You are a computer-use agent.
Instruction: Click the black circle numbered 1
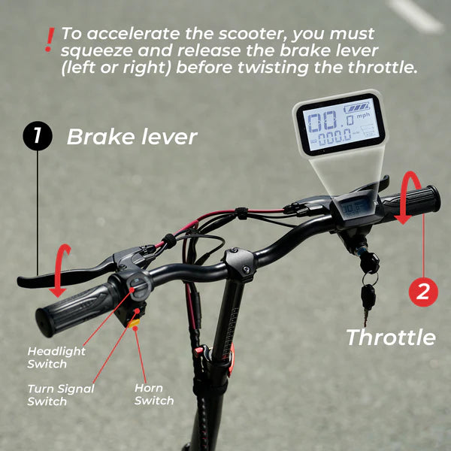38,135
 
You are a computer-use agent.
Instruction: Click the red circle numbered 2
423,292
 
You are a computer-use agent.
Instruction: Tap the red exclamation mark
50,40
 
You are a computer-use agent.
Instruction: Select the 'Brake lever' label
132,137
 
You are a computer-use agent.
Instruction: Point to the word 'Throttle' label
391,337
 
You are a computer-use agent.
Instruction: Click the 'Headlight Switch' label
56,358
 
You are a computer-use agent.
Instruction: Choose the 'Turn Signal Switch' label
61,395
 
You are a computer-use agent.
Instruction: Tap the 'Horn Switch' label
154,395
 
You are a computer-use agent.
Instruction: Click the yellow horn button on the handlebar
134,323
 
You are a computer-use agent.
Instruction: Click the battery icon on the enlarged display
357,108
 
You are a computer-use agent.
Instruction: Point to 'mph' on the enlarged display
363,116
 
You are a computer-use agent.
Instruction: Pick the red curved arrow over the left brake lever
59,271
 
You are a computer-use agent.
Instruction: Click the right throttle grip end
433,198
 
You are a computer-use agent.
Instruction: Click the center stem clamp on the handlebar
239,263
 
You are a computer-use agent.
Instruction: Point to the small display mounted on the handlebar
355,207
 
